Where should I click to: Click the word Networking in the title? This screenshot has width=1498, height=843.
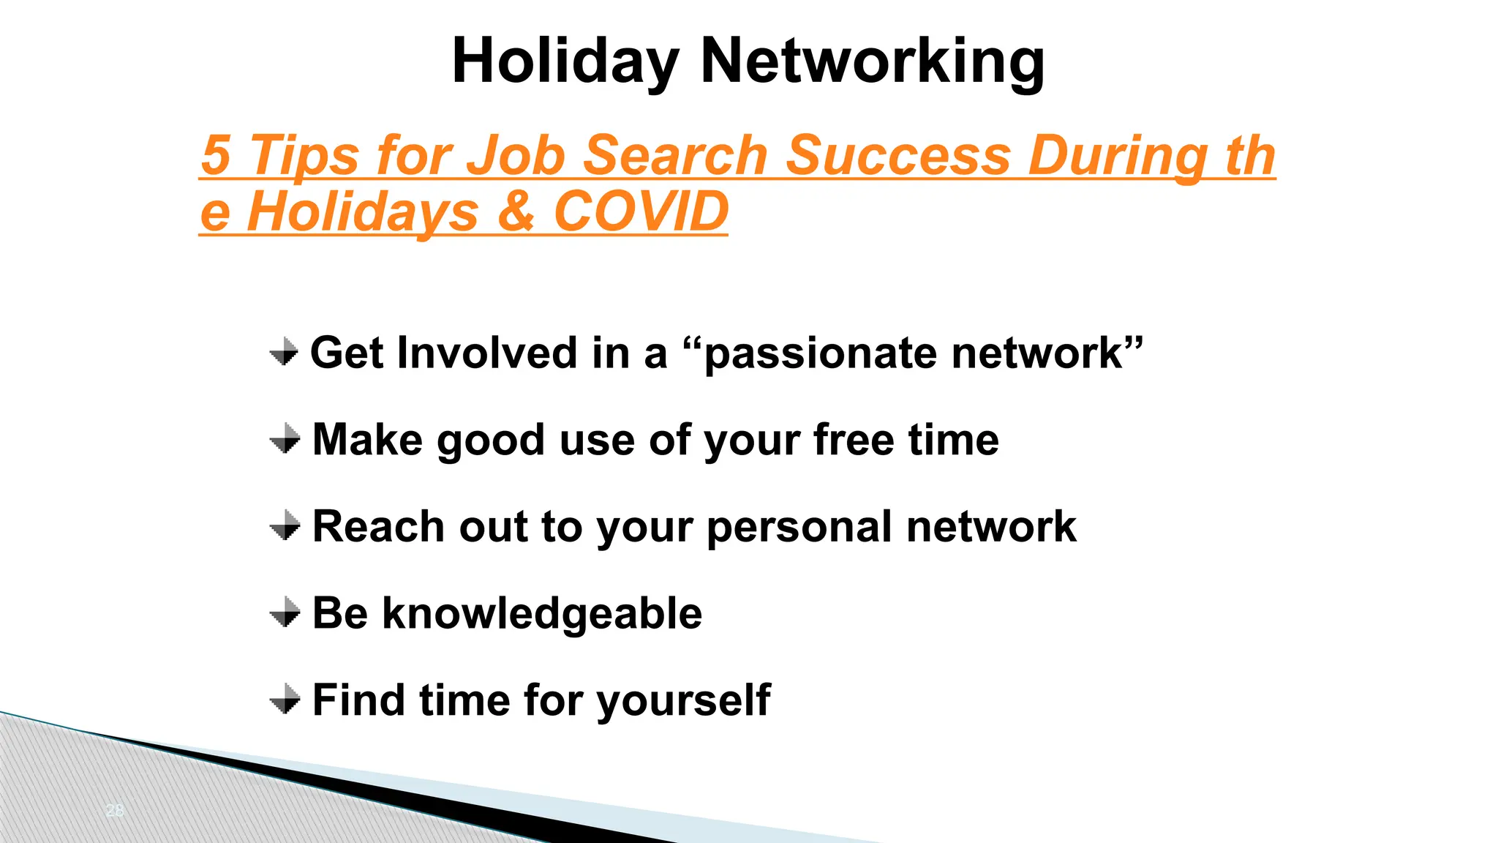point(872,61)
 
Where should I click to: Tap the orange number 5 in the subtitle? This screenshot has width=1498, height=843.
point(216,155)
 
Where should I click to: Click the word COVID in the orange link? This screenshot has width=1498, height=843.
point(641,211)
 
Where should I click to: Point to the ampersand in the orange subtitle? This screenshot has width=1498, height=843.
point(516,211)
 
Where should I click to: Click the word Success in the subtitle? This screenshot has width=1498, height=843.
point(898,155)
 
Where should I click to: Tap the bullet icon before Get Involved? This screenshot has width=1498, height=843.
point(284,353)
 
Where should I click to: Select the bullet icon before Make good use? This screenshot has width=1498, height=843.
point(285,439)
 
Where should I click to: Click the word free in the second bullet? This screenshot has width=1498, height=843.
point(853,440)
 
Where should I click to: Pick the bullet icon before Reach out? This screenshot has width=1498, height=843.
point(285,526)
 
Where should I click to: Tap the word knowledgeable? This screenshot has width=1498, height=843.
point(542,614)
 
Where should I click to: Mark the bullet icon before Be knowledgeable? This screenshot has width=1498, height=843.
point(285,612)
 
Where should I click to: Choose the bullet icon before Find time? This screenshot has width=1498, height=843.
point(285,700)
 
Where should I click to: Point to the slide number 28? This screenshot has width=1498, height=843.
point(115,810)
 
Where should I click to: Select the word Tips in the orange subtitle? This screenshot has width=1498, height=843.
point(304,155)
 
